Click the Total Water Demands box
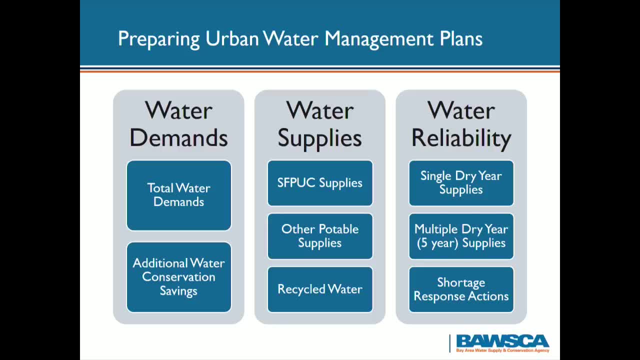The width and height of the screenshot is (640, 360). tap(178, 195)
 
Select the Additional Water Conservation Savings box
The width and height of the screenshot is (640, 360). tap(178, 276)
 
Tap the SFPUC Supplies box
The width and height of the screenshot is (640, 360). tap(320, 183)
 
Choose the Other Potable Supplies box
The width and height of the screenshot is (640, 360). tap(320, 236)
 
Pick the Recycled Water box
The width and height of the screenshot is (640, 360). tap(320, 289)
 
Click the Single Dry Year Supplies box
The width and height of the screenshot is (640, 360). tap(461, 183)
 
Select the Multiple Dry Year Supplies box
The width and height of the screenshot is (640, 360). tap(461, 236)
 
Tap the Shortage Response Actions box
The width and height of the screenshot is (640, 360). tap(461, 289)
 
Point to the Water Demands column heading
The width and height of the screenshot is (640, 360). tap(178, 124)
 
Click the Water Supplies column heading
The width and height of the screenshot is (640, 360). tap(320, 124)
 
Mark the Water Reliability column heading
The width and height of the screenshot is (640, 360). tap(461, 124)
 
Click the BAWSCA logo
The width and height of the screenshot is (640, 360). tap(502, 343)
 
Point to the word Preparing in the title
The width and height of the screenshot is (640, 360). tap(158, 39)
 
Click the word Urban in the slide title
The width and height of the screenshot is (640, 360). tap(231, 38)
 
